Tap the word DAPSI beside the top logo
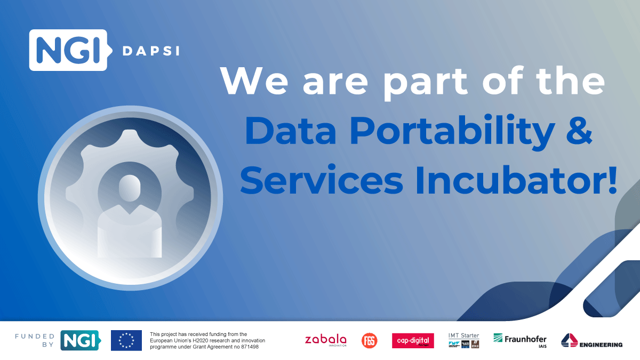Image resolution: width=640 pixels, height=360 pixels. click(151, 51)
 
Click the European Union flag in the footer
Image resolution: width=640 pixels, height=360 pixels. click(126, 340)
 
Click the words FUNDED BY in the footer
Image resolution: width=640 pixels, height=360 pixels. click(35, 340)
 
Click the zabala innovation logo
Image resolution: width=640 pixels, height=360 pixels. click(325, 340)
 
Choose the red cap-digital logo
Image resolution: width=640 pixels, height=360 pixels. click(413, 340)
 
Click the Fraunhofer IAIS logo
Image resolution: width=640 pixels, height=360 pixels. click(519, 340)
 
